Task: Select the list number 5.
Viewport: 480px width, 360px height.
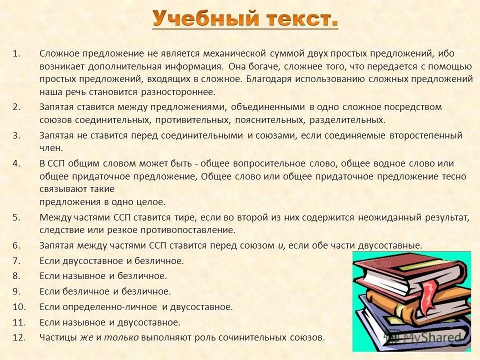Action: click(x=16, y=217)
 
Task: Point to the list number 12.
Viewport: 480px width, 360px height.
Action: click(x=18, y=337)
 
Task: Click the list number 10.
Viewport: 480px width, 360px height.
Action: click(x=18, y=307)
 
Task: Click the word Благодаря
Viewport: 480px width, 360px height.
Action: click(x=266, y=79)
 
